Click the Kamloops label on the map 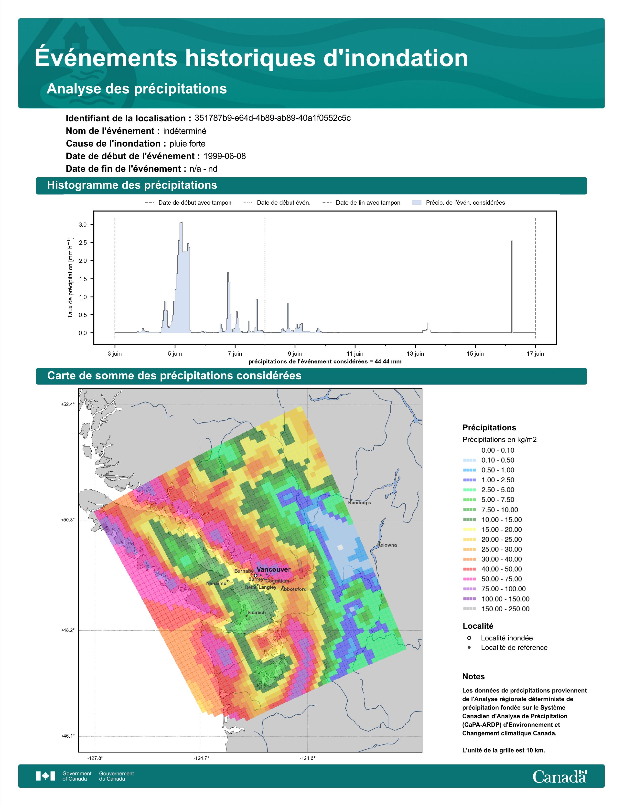pyautogui.click(x=359, y=503)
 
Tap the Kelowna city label pyautogui.click(x=387, y=545)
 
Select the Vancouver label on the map pyautogui.click(x=273, y=569)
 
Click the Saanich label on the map pyautogui.click(x=257, y=613)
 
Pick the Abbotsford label pyautogui.click(x=294, y=589)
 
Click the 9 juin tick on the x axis pyautogui.click(x=295, y=354)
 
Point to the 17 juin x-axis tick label pyautogui.click(x=535, y=354)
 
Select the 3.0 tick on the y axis pyautogui.click(x=83, y=225)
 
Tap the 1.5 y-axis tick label pyautogui.click(x=83, y=279)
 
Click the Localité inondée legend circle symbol pyautogui.click(x=469, y=638)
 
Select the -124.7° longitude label pyautogui.click(x=201, y=758)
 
